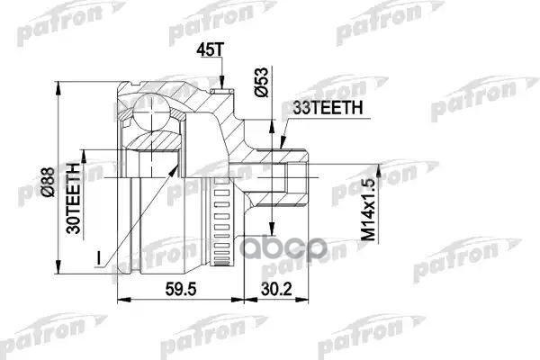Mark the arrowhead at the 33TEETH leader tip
pyautogui.click(x=281, y=144)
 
